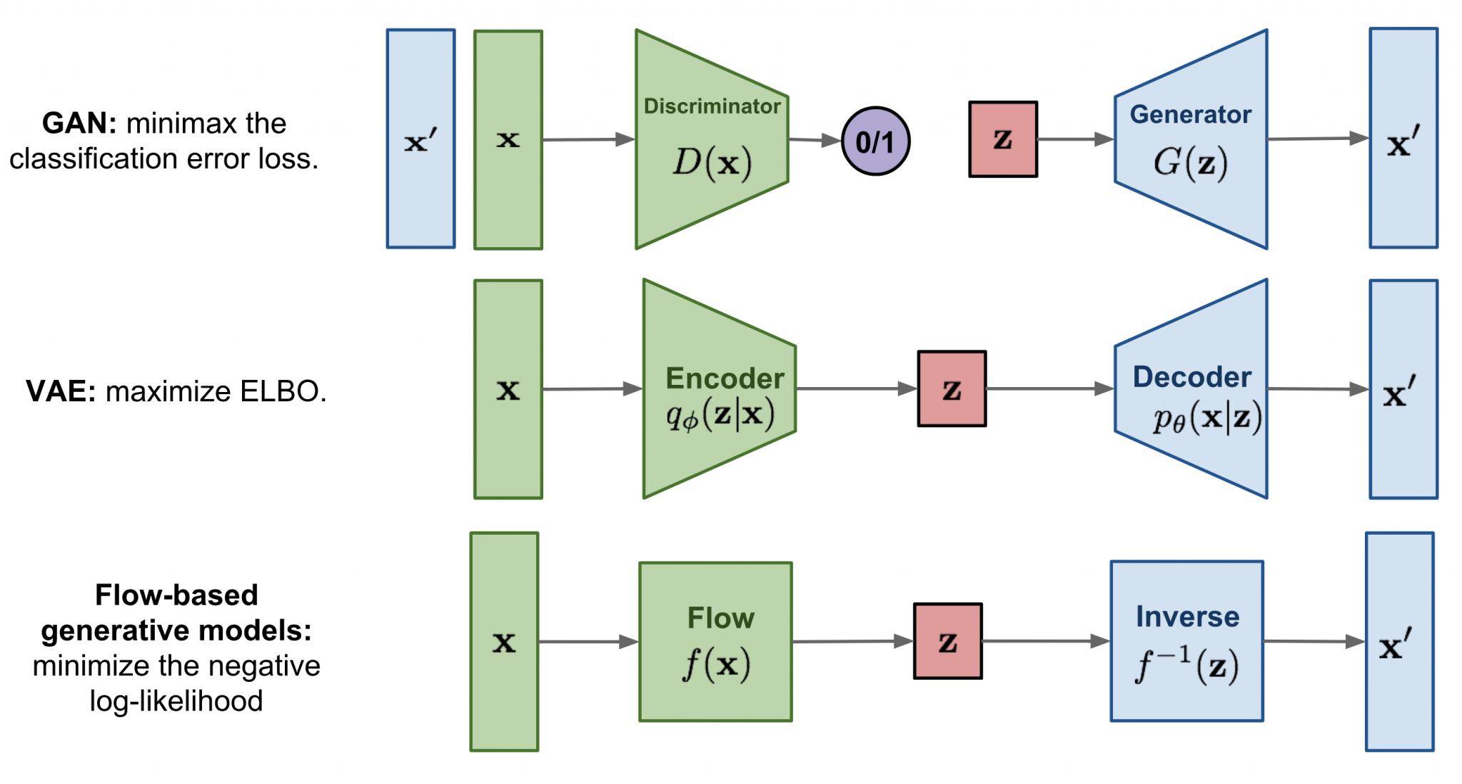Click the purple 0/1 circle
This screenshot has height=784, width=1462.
pyautogui.click(x=875, y=141)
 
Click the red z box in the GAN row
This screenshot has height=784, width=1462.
pyautogui.click(x=1003, y=139)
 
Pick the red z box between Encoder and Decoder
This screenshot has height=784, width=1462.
pyautogui.click(x=952, y=389)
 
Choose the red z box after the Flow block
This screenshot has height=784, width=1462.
pyautogui.click(x=948, y=641)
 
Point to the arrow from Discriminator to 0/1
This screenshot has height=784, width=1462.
pyautogui.click(x=815, y=140)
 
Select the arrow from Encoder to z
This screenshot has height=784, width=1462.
pyautogui.click(x=857, y=389)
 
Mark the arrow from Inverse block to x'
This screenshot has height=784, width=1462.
pyautogui.click(x=1314, y=641)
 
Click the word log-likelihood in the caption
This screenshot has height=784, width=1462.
pyautogui.click(x=176, y=701)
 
